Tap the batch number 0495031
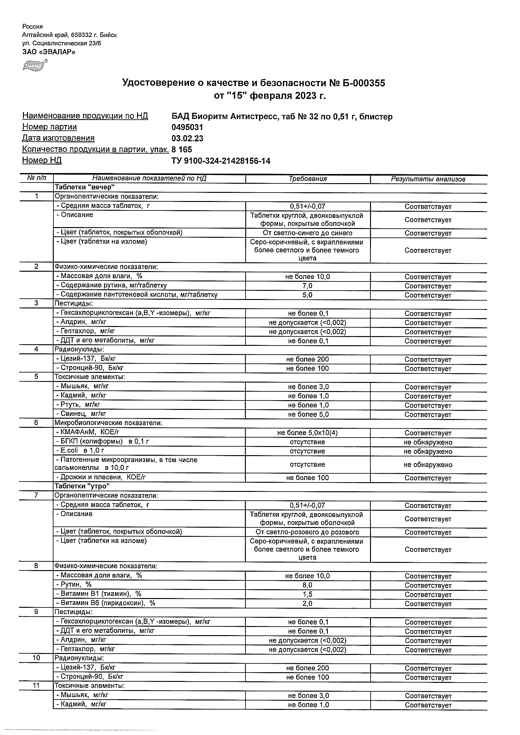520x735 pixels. tap(187, 128)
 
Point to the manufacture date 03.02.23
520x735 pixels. tap(187, 139)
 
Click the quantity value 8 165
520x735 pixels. tap(182, 150)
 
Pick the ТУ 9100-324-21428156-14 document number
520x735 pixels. tap(221, 161)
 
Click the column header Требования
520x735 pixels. tap(307, 179)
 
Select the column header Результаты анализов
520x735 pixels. tap(428, 179)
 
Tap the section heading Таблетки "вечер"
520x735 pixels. tap(85, 187)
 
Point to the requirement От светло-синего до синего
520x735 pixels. tap(307, 233)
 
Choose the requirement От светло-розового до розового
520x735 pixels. tap(307, 532)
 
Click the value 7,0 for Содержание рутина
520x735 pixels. tap(307, 286)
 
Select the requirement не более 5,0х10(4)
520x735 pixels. tap(307, 433)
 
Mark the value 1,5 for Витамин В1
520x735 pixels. tap(307, 595)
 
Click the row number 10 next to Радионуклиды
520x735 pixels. tap(36, 658)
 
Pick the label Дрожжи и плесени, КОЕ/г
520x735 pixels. tap(101, 477)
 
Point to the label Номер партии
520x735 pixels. tap(50, 127)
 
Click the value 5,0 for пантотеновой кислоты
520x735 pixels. tap(307, 295)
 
